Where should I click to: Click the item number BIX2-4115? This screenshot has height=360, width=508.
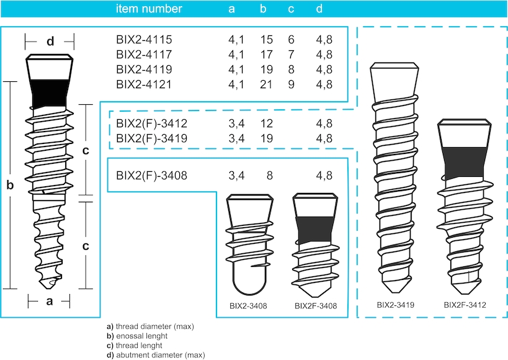144,40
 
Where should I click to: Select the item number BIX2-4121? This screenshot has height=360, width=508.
144,84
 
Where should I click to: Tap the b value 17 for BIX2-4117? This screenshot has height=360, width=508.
267,55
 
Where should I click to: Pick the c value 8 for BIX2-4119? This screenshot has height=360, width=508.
291,69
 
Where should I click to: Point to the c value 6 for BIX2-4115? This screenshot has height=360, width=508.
291,40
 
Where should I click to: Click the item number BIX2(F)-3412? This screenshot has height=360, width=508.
152,123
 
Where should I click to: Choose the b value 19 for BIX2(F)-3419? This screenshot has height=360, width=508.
267,138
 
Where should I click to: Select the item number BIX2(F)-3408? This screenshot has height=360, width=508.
152,176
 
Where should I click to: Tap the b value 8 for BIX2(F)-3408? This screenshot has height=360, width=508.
270,176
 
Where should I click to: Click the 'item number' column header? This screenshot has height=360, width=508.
149,9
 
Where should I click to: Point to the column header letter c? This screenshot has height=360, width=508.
291,9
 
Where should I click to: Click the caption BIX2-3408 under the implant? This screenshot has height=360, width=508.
248,306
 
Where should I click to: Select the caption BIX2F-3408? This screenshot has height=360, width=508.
316,306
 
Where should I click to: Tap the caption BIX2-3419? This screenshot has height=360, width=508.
396,305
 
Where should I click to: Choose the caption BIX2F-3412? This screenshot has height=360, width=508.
465,305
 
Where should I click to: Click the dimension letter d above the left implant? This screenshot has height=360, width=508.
50,42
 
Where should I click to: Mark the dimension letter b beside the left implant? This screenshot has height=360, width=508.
9,184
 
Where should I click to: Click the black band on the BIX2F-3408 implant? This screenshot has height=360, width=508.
315,228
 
